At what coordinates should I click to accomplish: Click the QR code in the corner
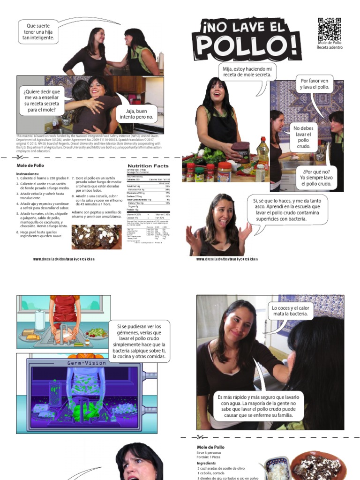click(330, 29)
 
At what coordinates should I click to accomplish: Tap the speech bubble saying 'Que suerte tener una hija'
click(38, 32)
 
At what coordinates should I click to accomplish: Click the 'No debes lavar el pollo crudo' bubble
click(303, 138)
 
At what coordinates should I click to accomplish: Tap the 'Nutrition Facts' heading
click(148, 166)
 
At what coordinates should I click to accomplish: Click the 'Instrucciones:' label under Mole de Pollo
click(28, 173)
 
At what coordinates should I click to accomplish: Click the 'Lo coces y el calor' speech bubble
click(291, 311)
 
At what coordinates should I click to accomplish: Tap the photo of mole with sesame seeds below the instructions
click(97, 237)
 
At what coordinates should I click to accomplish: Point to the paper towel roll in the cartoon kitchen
click(40, 321)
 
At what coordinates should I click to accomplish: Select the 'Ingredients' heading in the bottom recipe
click(207, 463)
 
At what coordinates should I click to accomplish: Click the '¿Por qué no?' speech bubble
click(316, 178)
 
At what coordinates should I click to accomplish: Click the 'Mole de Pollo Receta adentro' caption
click(330, 45)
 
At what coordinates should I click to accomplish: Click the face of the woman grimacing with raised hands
click(223, 214)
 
